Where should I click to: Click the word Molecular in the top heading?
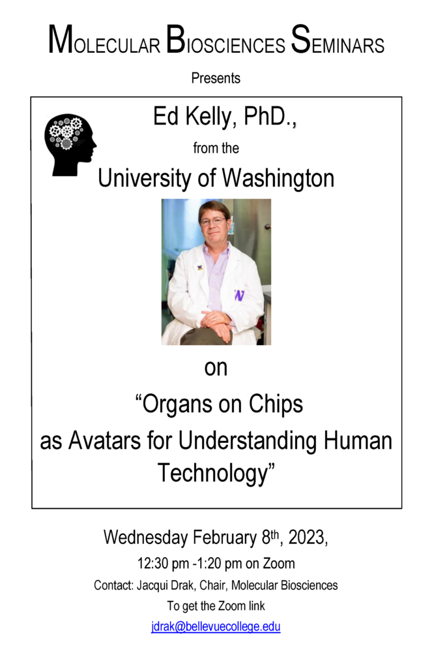point(104,40)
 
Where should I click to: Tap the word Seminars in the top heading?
point(338,40)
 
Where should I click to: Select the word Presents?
point(216,78)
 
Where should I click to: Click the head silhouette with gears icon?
point(70,144)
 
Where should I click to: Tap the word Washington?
point(278,179)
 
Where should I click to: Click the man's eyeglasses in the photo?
point(212,221)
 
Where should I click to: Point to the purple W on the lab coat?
point(239,295)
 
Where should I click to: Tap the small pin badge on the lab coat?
point(199,268)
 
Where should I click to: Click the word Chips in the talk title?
point(276,404)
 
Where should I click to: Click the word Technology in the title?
point(213,474)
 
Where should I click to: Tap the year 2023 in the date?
point(306,538)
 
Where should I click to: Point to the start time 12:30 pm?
point(163,564)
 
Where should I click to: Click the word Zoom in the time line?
point(279,564)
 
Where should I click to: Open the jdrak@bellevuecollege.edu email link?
point(216,627)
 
